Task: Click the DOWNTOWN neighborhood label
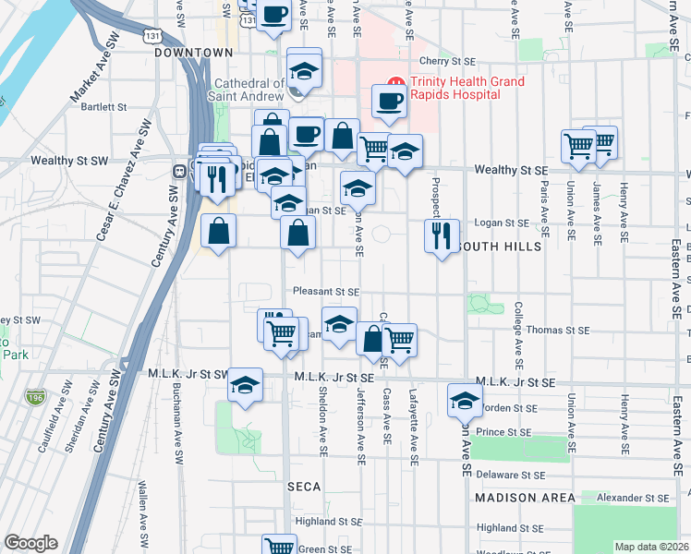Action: coord(193,53)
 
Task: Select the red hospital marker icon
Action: coord(395,82)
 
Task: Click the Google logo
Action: coord(30,543)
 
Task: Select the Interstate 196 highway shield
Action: coord(34,397)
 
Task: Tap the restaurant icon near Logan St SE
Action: coord(442,235)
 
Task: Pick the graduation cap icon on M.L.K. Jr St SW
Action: coord(246,385)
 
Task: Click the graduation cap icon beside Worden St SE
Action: coord(465,400)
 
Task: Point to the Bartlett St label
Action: coord(103,107)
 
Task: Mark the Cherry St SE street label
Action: coord(447,61)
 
